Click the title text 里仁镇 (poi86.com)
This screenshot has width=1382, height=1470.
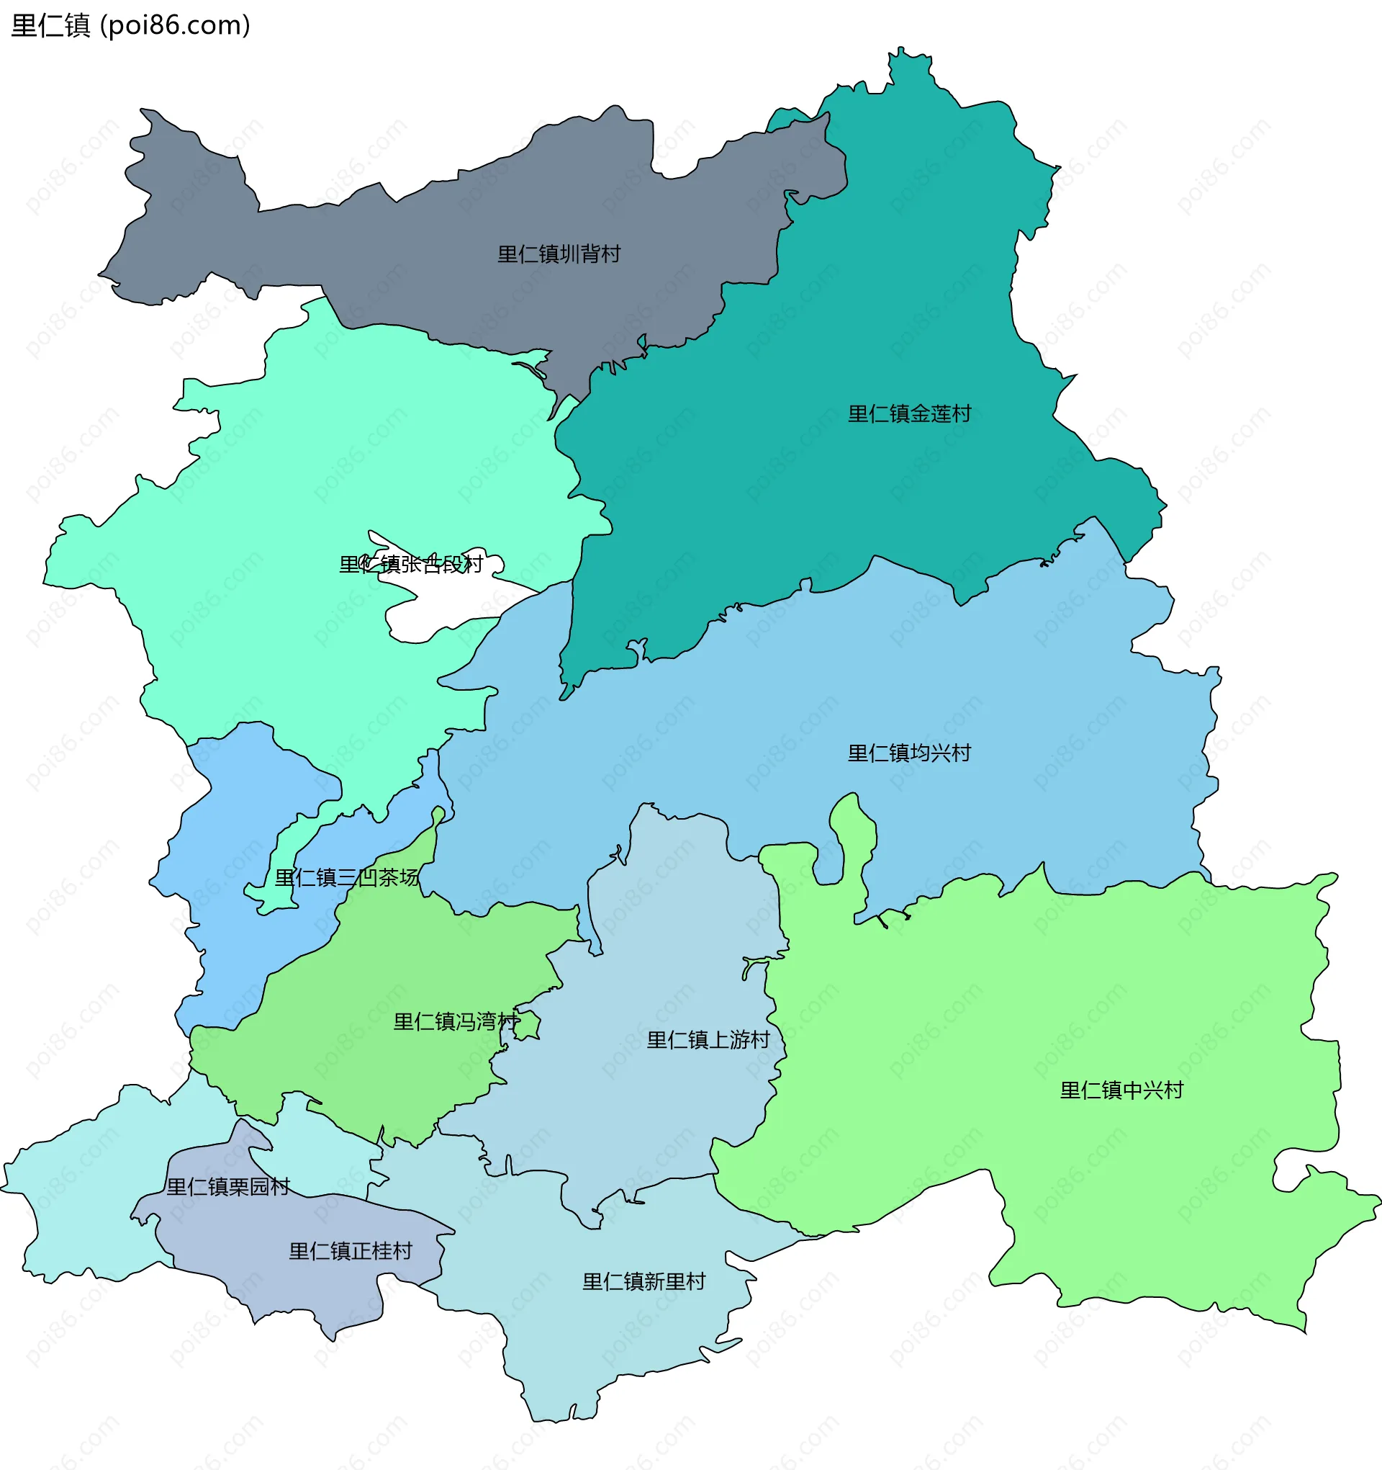click(x=130, y=25)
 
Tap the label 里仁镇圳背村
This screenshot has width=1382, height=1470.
click(x=559, y=254)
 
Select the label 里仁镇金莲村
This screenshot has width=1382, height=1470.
click(x=909, y=414)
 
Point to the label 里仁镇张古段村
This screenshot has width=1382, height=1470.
click(x=411, y=565)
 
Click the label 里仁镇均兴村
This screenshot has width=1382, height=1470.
click(x=909, y=753)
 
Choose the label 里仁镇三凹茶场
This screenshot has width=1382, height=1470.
click(x=347, y=878)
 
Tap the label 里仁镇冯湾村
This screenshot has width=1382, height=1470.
click(x=456, y=1022)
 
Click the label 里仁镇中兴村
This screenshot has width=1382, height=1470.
click(x=1121, y=1090)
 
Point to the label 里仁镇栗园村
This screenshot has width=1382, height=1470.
click(x=227, y=1187)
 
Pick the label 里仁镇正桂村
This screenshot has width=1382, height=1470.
click(x=351, y=1251)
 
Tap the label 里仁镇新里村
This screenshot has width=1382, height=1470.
click(x=643, y=1281)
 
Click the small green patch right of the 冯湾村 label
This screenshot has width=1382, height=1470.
click(x=528, y=1026)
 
